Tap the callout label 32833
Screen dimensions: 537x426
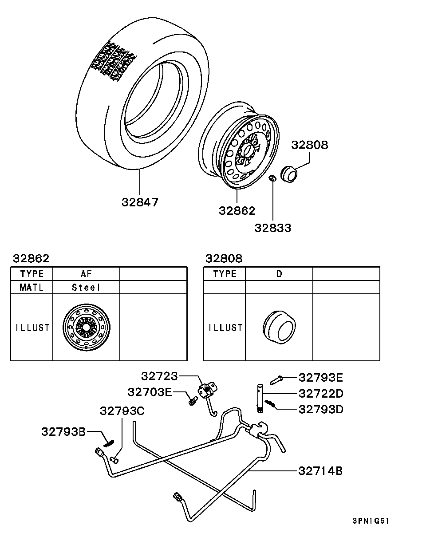click(x=272, y=228)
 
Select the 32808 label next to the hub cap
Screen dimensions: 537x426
click(x=309, y=145)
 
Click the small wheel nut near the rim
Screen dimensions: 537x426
click(x=273, y=178)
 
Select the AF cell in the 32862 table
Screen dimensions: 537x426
click(x=87, y=274)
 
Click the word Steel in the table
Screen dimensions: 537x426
click(x=87, y=288)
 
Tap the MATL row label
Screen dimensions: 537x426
click(x=32, y=288)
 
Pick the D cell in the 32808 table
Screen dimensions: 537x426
click(x=279, y=274)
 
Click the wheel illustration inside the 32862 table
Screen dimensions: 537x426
click(x=86, y=328)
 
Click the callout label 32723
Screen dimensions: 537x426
click(x=159, y=376)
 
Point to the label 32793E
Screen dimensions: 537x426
click(x=321, y=378)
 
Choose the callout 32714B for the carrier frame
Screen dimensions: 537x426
click(x=320, y=471)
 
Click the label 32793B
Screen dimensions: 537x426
click(x=63, y=431)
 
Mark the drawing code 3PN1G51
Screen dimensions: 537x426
click(x=371, y=521)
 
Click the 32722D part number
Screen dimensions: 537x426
click(x=321, y=393)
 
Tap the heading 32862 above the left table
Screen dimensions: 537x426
click(x=31, y=259)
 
